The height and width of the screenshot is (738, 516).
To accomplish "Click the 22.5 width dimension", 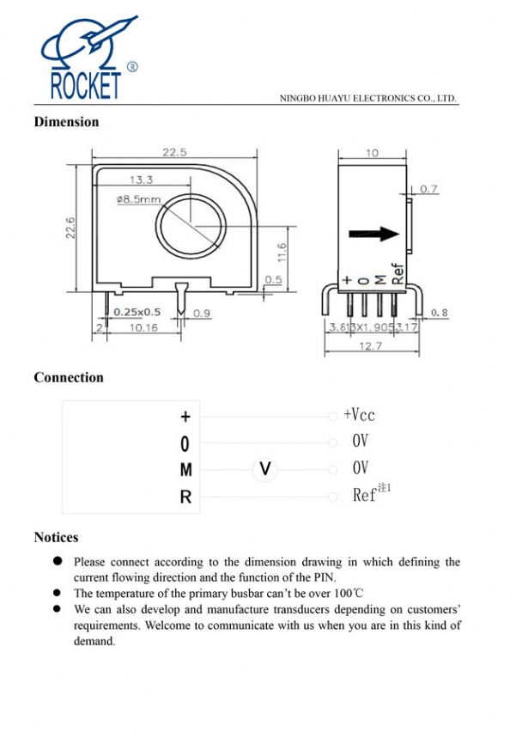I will (175, 152).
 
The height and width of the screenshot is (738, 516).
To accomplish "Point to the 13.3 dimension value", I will (142, 180).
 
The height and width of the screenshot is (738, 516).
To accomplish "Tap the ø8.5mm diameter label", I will (137, 199).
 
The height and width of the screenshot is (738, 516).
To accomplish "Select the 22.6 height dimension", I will (71, 229).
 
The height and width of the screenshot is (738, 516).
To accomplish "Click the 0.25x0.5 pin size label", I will (137, 312).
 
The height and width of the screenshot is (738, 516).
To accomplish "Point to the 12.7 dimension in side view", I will (372, 346).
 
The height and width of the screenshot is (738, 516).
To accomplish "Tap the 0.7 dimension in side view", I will (428, 189).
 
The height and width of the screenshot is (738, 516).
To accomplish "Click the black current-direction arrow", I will (375, 234).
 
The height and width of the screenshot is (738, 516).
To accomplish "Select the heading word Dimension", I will (66, 122).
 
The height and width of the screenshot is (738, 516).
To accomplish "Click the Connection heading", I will (69, 377).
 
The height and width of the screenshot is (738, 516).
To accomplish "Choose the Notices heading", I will (56, 538).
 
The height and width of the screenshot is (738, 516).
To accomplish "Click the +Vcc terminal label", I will (359, 415).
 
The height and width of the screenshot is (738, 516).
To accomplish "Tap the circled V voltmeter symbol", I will (265, 469).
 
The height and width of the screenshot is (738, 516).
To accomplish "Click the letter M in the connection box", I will (185, 470).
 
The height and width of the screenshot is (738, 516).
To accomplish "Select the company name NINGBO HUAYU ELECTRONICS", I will (368, 98).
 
